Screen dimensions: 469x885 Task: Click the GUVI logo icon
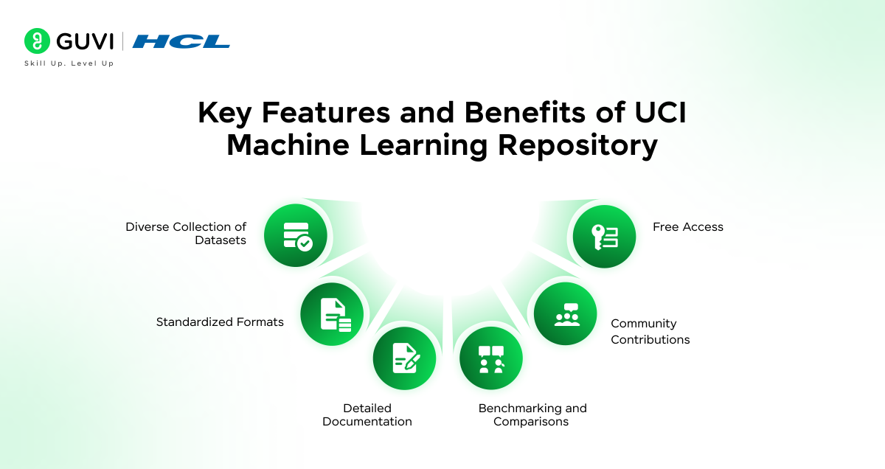(x=36, y=41)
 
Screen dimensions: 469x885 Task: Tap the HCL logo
(x=181, y=41)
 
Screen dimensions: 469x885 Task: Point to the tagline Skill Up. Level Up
(x=69, y=63)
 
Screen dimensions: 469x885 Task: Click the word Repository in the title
(x=577, y=145)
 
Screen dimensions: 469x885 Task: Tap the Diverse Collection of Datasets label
(x=186, y=234)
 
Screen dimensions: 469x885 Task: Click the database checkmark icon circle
(x=296, y=235)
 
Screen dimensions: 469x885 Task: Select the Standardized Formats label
(x=220, y=322)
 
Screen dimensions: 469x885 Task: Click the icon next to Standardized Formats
(x=333, y=313)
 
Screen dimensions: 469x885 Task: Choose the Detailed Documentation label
(x=367, y=415)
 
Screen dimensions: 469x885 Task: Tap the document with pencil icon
(x=404, y=358)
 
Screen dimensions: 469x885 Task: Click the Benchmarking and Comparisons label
(x=532, y=415)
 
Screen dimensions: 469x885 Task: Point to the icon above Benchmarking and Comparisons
(x=491, y=358)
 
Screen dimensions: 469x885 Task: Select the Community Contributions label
(x=650, y=331)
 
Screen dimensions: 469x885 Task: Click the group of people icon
(x=566, y=313)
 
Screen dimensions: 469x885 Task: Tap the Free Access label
(x=687, y=227)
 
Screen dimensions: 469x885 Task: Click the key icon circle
(x=604, y=236)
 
